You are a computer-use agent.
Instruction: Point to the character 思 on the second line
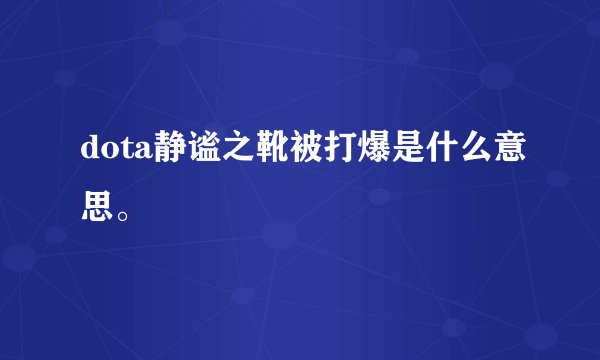click(x=97, y=207)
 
